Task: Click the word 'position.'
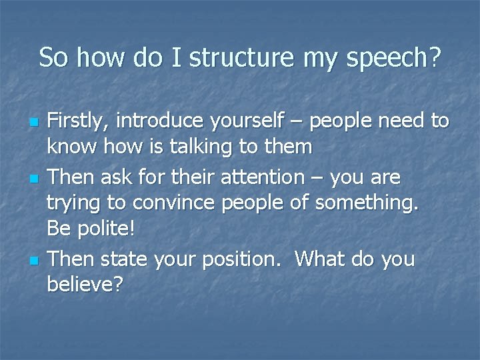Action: pos(237,259)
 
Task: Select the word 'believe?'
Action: pos(85,285)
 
